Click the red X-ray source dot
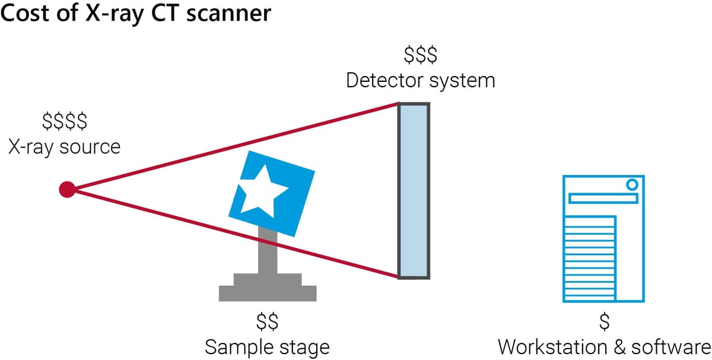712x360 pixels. (67, 190)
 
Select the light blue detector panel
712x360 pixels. (413, 190)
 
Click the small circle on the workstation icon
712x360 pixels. (631, 184)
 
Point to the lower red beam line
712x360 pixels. (237, 232)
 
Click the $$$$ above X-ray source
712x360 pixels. (64, 122)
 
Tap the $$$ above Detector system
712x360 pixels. (420, 56)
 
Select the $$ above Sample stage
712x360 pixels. (267, 323)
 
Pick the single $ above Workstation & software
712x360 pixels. (604, 323)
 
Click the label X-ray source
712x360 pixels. (64, 146)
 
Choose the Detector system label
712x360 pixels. (420, 80)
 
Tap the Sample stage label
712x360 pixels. (267, 346)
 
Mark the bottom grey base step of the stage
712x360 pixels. (268, 293)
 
